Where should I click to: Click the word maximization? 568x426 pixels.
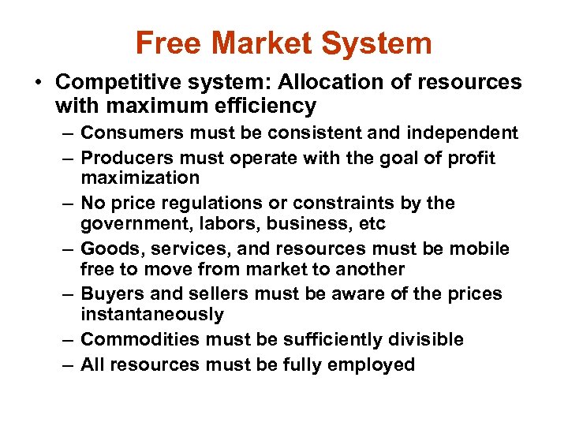pos(140,177)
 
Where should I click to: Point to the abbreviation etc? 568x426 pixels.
pos(370,224)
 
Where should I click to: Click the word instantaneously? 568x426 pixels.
pos(151,315)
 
